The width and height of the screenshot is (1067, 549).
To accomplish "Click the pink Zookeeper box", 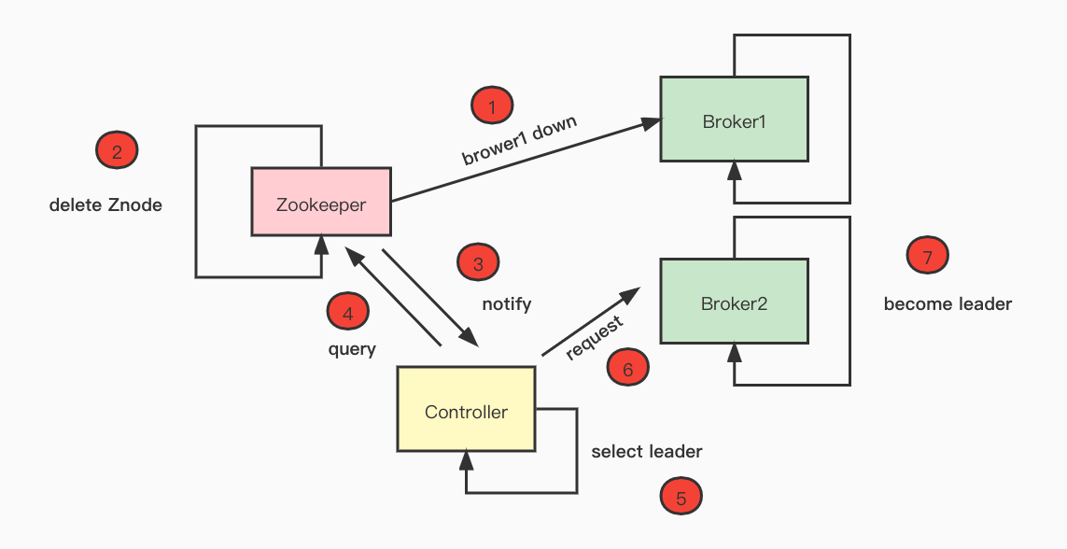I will pos(321,202).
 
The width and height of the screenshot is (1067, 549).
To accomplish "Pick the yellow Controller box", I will pos(466,410).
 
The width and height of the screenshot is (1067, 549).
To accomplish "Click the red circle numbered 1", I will pos(492,106).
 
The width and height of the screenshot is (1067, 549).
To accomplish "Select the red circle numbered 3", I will pos(478,263).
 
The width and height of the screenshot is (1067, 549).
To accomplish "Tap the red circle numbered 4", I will pos(347,313).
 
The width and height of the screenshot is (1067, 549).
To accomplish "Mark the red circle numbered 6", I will pos(627,368).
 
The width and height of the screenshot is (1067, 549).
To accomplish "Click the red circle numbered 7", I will pos(927,256).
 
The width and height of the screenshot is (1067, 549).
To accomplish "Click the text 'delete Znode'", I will pos(105,204).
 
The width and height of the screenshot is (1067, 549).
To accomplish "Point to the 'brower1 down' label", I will pos(520,141).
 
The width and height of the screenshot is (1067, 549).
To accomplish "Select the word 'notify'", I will pos(507,303).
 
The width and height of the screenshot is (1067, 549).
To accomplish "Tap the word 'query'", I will pos(352,349).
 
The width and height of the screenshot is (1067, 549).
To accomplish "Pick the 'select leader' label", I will pos(647,451).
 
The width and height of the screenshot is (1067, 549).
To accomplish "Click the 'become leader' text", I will pos(948,303).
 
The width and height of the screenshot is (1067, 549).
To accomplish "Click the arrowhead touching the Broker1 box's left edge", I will pos(652,122).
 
